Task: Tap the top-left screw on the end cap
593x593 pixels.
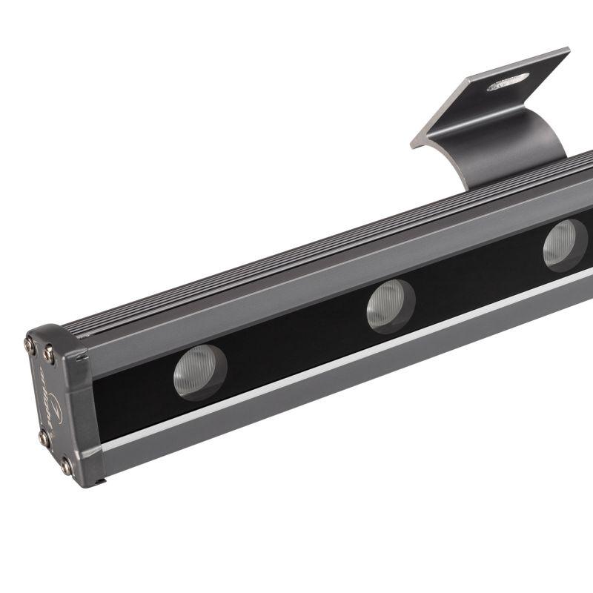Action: [30, 344]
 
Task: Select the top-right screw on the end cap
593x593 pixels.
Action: [48, 354]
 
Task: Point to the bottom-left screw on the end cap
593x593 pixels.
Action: [44, 439]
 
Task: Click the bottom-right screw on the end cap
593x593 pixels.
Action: [66, 466]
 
